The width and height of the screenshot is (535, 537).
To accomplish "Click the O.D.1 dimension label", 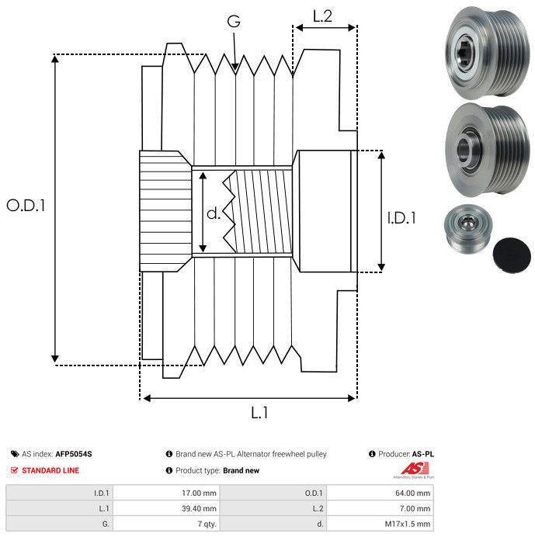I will pos(26,206).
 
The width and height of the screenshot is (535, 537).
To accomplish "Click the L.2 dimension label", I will pos(322,16).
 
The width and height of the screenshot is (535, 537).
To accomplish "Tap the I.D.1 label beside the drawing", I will pos(401,219).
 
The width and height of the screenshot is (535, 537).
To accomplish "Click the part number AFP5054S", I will pos(78,454).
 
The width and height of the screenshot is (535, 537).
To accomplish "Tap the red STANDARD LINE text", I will pos(50,470).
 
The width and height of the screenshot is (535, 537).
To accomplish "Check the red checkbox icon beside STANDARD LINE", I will pos(14,470).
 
